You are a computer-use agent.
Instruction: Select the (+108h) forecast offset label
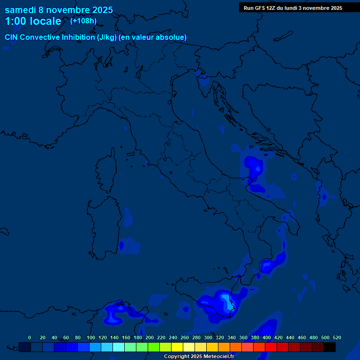coord(83,21)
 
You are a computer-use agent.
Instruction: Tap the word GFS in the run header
coord(260,8)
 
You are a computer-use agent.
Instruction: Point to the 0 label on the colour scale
coord(30,337)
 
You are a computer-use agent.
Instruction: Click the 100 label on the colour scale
coord(90,337)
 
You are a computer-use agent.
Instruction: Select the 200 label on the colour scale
coord(150,337)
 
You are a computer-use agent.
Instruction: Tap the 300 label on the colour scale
coord(208,337)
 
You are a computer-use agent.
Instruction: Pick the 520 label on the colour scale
coord(337,337)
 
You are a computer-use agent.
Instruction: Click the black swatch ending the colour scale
coord(330,347)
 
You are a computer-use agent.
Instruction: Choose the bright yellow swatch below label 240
coord(177,347)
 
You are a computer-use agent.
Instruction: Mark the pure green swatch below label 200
coord(154,347)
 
